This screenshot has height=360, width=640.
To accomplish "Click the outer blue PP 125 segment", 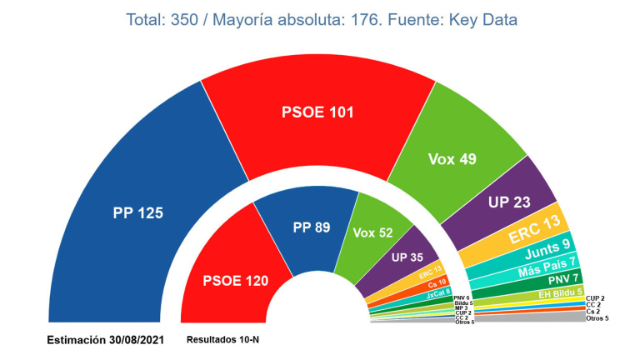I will pos(137,213).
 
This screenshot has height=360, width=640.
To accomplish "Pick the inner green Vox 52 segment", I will pos(372,233).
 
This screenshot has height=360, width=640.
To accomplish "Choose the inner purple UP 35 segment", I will pos(406,258).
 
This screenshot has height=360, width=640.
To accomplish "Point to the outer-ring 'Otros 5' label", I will pos(598,318).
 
